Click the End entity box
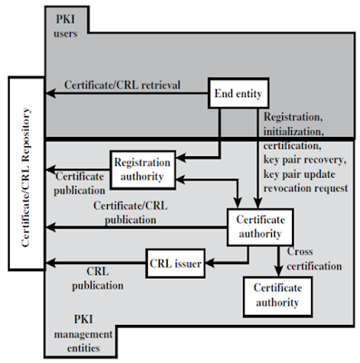pos(239,93)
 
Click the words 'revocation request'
pos(304,188)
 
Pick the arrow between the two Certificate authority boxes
pos(277,260)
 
